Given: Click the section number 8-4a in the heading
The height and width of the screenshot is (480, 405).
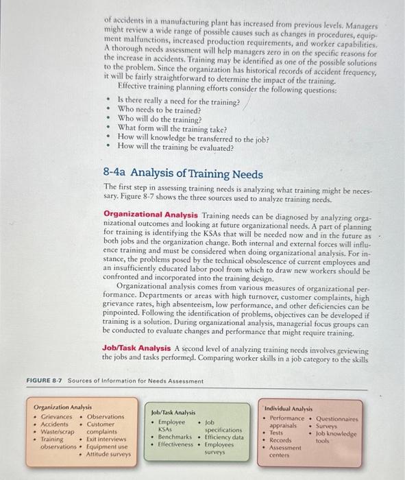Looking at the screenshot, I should pos(114,173).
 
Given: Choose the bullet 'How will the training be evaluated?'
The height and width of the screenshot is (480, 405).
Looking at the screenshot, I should pos(175,146).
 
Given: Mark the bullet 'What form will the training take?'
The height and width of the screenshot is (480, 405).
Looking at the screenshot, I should pos(172,128).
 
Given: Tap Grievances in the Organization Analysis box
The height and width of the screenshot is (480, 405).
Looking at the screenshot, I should pos(57,416).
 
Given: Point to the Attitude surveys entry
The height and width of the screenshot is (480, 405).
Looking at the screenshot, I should pos(108,454).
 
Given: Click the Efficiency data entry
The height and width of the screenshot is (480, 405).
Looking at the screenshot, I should pos(224,436).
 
